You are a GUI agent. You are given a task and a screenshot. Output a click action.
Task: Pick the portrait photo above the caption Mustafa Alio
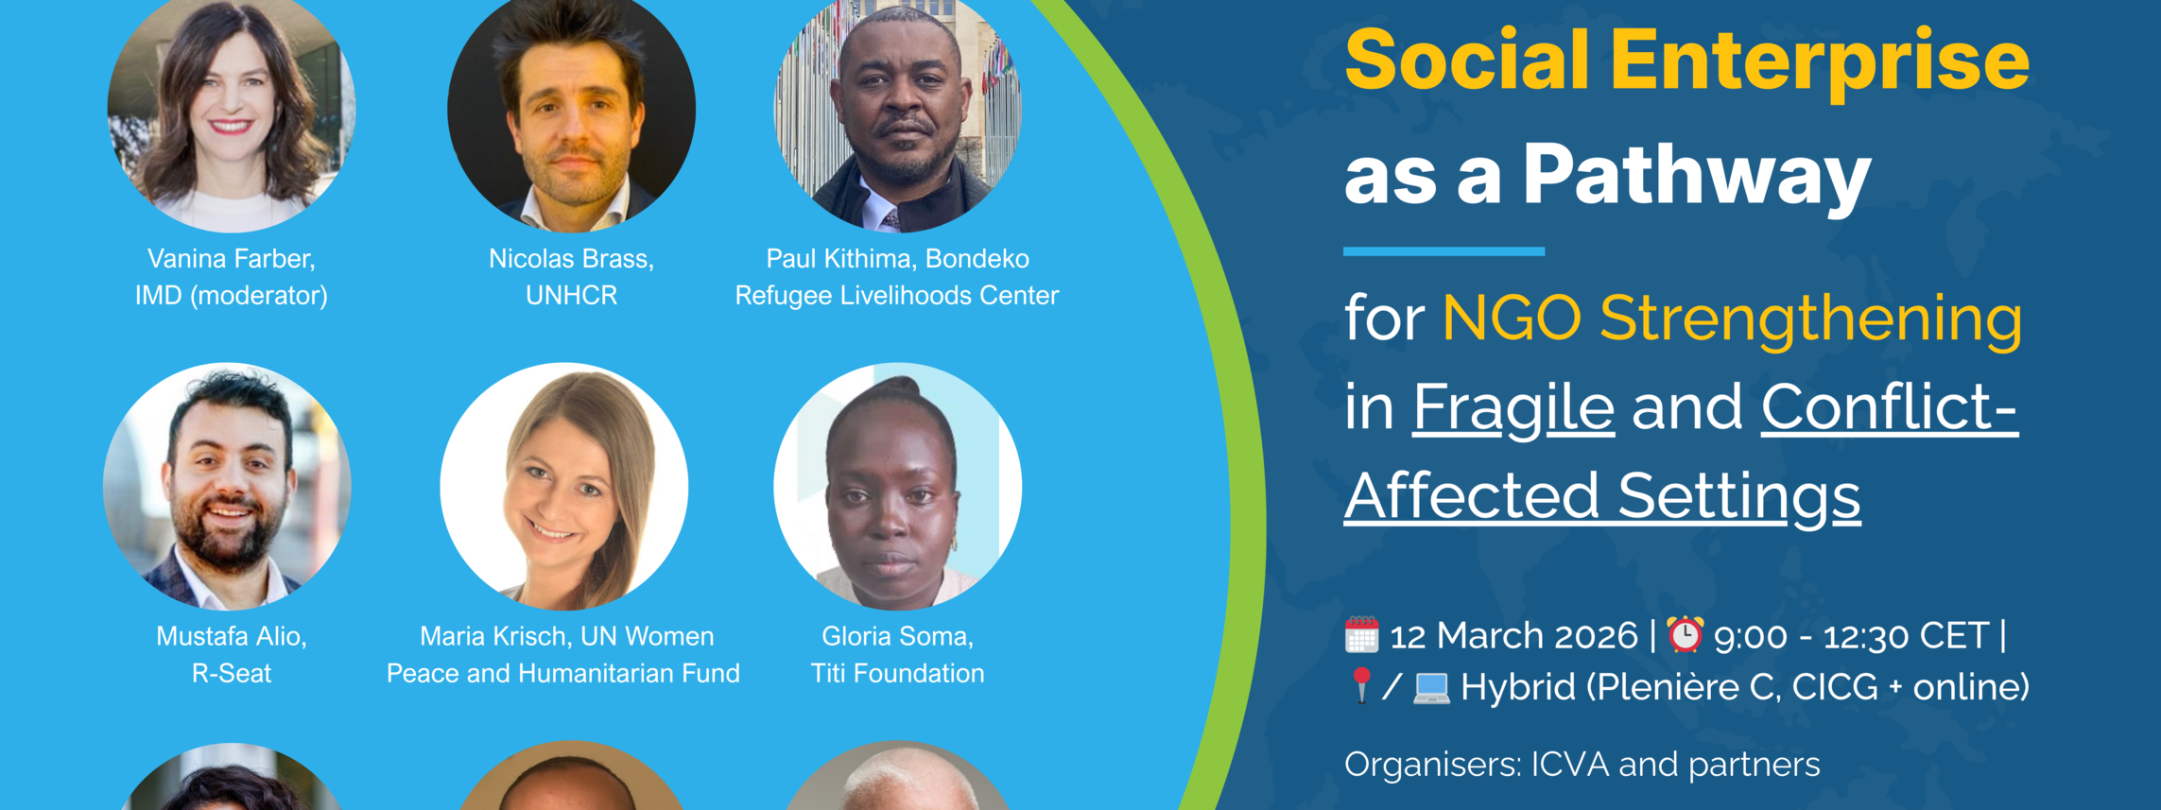click(x=227, y=487)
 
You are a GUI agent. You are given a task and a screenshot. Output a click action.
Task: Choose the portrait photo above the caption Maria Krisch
click(x=564, y=487)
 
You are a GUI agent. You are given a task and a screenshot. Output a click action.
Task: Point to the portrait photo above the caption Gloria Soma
click(x=898, y=487)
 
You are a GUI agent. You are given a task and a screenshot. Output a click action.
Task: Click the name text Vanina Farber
click(x=232, y=259)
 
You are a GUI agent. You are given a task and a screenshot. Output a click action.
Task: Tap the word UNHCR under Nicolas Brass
click(x=571, y=296)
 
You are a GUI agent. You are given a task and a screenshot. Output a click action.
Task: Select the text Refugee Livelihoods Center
click(x=897, y=296)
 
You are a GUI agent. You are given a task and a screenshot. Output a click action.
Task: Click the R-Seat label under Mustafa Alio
click(x=232, y=674)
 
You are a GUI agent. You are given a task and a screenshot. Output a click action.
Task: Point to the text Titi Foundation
click(x=897, y=674)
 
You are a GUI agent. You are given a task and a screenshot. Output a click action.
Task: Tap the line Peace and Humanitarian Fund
click(x=563, y=674)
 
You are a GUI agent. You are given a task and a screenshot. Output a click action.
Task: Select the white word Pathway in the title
click(x=1697, y=177)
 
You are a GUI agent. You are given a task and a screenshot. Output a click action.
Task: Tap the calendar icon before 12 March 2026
click(x=1361, y=635)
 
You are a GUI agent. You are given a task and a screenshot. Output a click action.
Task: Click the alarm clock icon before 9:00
click(x=1685, y=634)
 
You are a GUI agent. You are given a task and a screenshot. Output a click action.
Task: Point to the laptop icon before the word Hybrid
click(x=1431, y=688)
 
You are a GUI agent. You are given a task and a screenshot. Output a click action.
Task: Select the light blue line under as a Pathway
click(x=1444, y=251)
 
